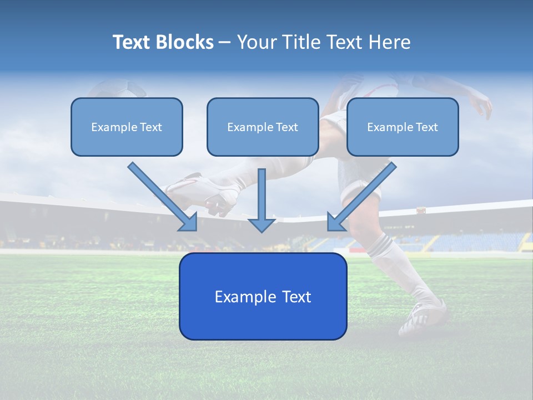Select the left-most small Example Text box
[127, 127]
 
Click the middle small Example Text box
[263, 127]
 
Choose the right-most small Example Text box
[403, 127]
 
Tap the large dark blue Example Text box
[263, 296]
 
